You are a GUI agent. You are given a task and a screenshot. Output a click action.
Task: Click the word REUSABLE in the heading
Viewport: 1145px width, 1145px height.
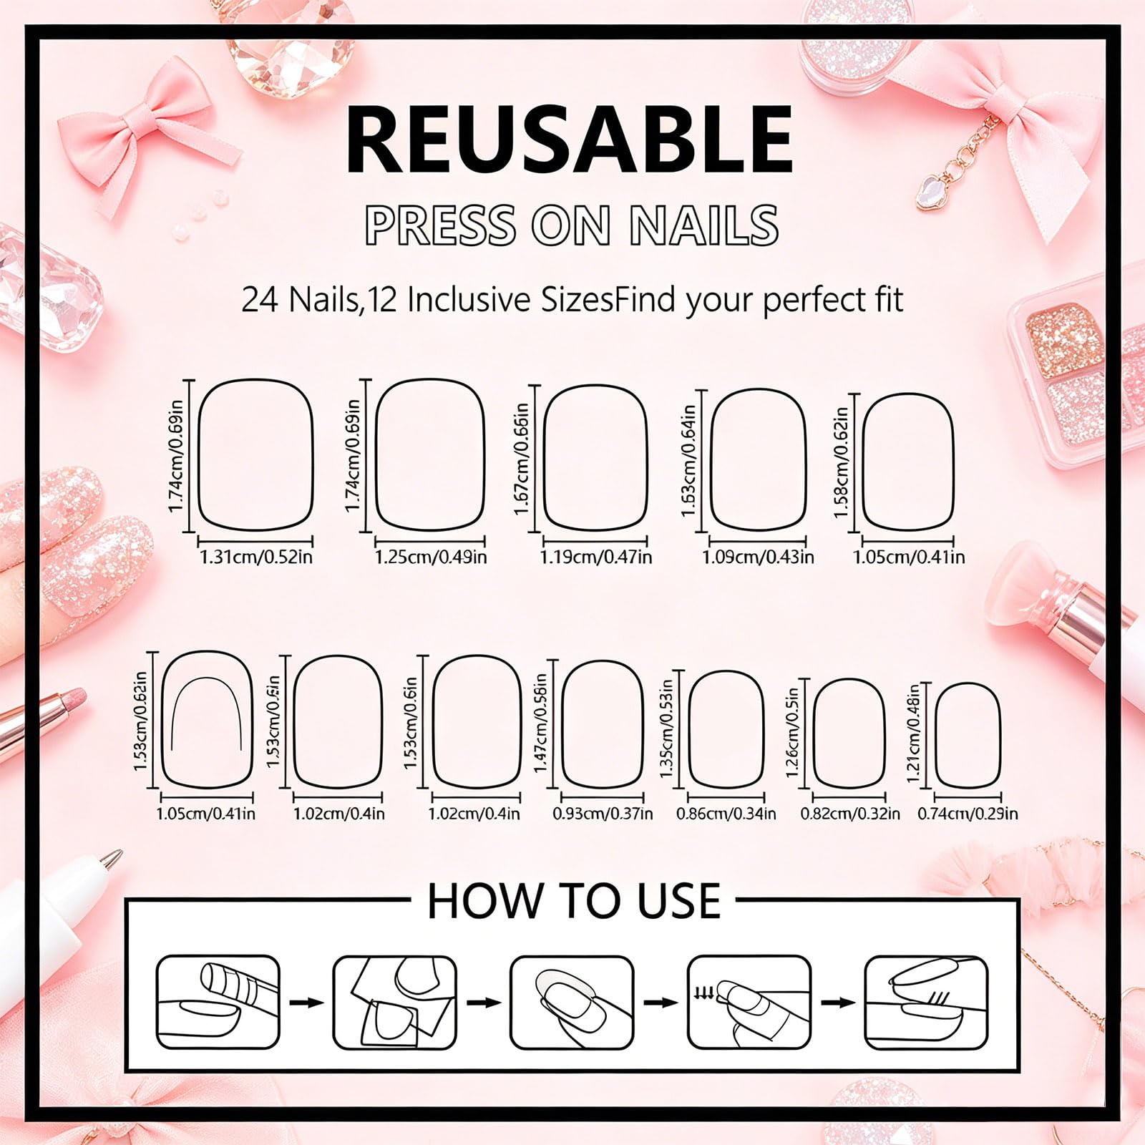570,139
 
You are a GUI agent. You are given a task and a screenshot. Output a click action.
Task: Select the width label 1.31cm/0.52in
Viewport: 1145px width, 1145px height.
255,556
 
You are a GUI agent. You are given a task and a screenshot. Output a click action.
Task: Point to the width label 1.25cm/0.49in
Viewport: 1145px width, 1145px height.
431,556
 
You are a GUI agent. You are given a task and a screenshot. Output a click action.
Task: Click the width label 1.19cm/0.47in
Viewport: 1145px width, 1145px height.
595,556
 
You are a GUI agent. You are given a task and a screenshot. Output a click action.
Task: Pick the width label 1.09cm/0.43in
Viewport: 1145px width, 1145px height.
758,556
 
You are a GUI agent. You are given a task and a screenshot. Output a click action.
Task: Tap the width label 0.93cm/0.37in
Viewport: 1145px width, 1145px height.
603,814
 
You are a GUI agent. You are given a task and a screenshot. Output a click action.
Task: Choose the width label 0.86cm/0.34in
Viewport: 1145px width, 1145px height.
726,814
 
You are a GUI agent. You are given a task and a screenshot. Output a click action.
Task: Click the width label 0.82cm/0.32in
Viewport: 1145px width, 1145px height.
850,814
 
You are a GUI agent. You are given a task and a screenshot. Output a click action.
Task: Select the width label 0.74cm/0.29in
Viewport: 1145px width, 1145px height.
968,814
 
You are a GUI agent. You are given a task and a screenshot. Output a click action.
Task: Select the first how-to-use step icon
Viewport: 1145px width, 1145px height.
218,1003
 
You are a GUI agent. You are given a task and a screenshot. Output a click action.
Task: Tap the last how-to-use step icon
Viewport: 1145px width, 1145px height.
927,1003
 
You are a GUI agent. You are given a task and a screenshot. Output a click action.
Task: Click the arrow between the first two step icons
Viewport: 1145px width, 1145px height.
306,1003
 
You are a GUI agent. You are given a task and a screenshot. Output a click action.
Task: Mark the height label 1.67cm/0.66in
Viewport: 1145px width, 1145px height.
522,458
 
